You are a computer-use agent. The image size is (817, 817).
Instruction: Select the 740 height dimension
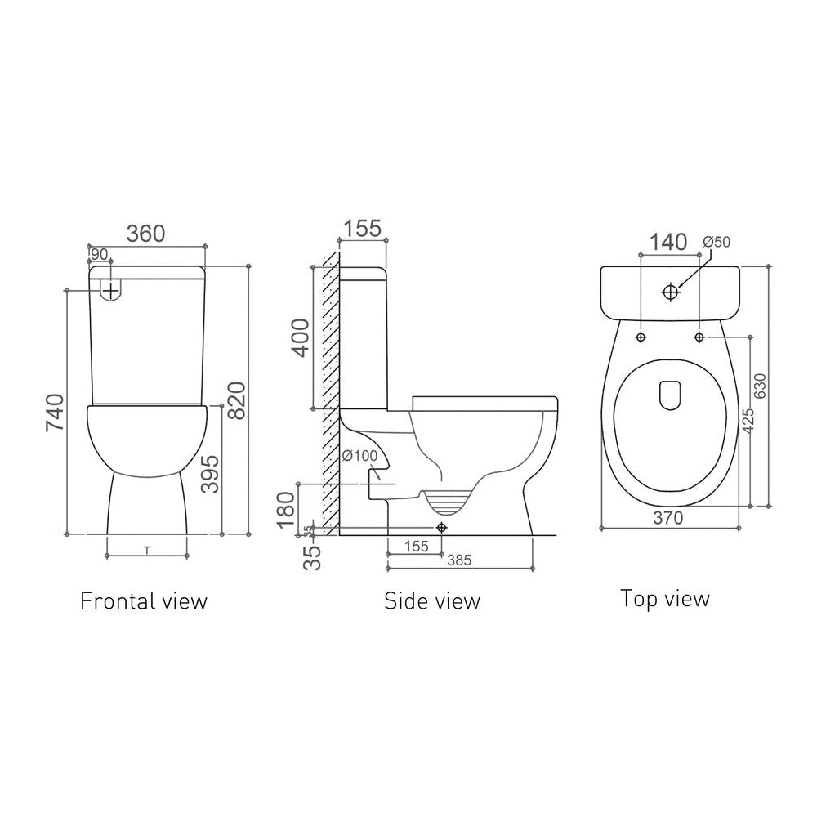point(55,414)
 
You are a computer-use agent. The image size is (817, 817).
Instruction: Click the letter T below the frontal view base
point(146,550)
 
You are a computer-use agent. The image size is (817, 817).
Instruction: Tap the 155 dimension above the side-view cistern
point(360,229)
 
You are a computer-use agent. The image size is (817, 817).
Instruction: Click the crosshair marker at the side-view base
point(442,527)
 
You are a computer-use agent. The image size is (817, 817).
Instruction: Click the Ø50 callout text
point(717,241)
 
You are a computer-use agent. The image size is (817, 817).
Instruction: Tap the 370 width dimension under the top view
point(668,516)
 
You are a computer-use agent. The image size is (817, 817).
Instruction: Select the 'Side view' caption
point(432,601)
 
